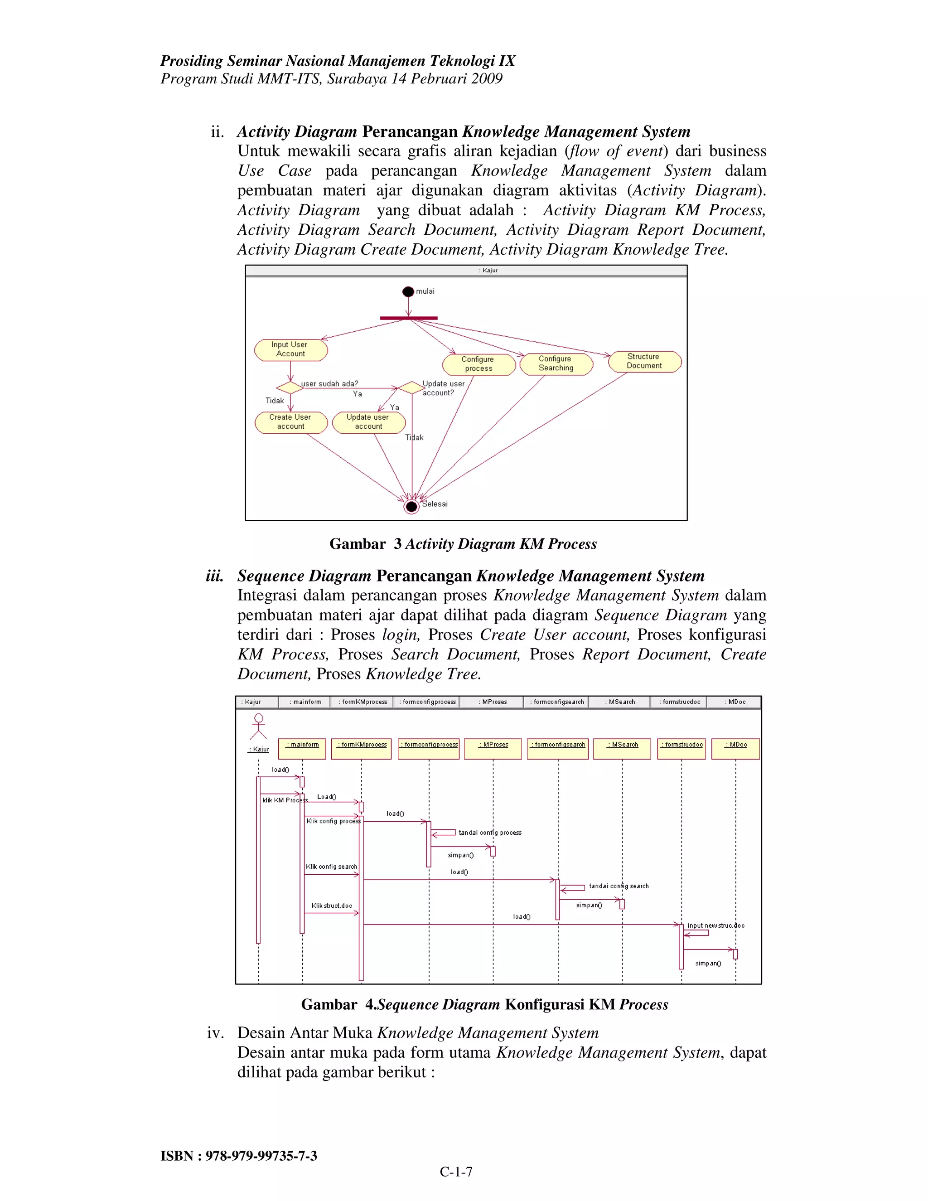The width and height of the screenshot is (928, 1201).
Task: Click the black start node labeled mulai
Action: (x=408, y=291)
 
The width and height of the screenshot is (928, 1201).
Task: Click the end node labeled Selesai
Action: (x=411, y=507)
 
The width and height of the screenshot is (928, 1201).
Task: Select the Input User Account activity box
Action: (x=291, y=350)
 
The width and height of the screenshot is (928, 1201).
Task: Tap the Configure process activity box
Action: (x=478, y=364)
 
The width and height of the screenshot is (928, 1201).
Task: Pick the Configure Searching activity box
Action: (x=556, y=363)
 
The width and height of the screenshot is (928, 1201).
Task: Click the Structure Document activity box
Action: (x=644, y=361)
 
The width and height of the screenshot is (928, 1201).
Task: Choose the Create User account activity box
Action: (x=291, y=422)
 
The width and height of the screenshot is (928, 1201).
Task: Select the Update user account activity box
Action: (x=368, y=422)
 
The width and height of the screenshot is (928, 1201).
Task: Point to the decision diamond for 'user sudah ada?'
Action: (x=290, y=387)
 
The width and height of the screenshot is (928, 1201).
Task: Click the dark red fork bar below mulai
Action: (x=408, y=318)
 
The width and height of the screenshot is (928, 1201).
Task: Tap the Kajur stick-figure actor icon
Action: (x=258, y=726)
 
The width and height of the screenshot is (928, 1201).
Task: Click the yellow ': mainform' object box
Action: (x=302, y=748)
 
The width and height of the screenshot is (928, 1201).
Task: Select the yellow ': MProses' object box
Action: (x=493, y=748)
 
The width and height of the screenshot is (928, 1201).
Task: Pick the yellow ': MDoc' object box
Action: (x=735, y=748)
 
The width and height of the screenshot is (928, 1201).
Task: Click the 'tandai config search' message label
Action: (x=619, y=886)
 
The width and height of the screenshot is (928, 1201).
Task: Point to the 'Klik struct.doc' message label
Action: (x=332, y=906)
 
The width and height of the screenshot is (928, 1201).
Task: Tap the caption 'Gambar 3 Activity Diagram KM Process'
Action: (x=463, y=544)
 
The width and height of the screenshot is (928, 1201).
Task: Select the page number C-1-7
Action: (x=456, y=1172)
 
